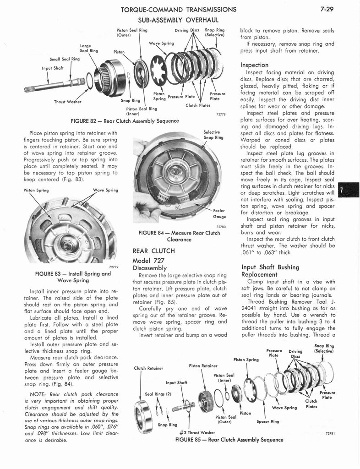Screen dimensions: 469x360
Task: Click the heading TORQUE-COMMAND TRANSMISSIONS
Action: coord(178,9)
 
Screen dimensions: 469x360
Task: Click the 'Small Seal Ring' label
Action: coord(65,59)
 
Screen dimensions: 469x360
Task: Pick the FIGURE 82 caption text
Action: coord(125,121)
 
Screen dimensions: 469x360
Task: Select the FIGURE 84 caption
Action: coord(179,236)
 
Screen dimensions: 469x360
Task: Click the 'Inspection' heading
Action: coord(254,65)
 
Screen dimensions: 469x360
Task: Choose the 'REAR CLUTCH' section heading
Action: coord(154,251)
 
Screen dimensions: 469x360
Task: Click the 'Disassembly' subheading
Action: coord(149,268)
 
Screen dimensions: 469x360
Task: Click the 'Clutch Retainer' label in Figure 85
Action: coord(149,368)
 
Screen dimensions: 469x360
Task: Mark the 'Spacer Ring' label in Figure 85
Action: coord(268,421)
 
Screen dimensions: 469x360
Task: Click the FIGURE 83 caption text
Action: coord(73,277)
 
